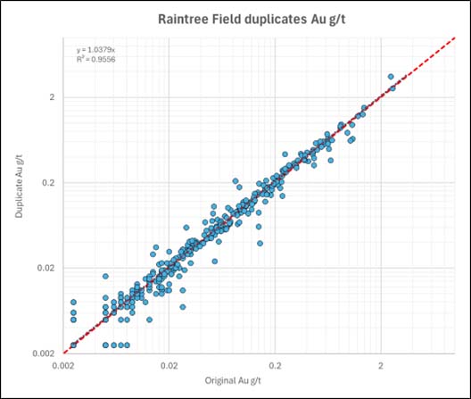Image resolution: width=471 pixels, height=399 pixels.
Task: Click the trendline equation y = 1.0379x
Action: click(x=96, y=50)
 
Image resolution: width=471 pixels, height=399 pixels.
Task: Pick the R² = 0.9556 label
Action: click(x=96, y=60)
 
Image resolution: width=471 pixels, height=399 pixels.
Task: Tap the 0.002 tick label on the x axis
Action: click(x=63, y=365)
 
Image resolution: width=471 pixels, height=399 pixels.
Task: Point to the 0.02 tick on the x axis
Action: click(x=169, y=365)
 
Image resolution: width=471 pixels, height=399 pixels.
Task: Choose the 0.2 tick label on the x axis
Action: click(x=276, y=365)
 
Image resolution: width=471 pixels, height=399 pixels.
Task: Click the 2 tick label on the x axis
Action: click(x=381, y=365)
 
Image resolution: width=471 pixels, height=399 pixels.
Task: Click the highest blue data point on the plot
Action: click(x=390, y=77)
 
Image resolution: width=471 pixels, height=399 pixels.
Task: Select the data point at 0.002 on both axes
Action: click(x=73, y=345)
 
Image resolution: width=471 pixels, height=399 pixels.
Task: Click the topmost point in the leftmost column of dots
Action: click(x=73, y=302)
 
